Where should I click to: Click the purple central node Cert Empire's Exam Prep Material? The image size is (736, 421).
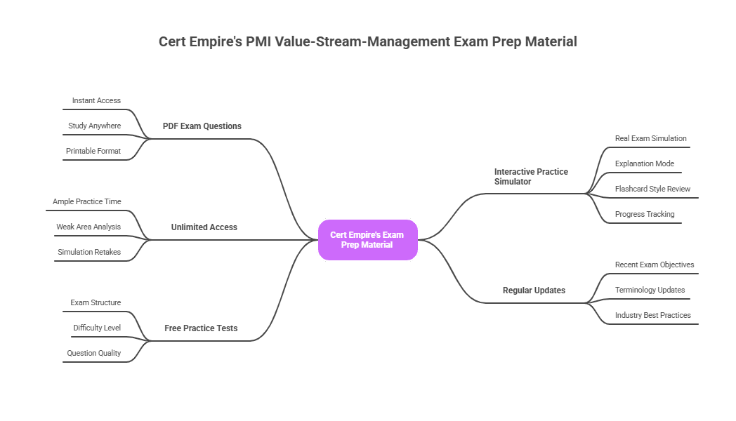point(367,240)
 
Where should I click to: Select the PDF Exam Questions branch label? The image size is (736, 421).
point(202,126)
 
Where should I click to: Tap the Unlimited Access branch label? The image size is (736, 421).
point(204,227)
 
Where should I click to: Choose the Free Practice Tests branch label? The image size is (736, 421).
point(201,328)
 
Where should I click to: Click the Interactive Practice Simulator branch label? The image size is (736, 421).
point(531,176)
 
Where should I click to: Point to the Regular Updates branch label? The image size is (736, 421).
point(534,290)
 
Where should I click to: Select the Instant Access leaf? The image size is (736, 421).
point(96,101)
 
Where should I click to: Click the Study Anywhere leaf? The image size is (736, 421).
point(95,126)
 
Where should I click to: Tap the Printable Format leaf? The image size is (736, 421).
point(93,152)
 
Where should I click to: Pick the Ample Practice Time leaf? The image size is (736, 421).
point(87,202)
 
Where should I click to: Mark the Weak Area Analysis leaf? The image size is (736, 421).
point(88,227)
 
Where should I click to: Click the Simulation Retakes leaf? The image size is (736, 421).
point(89,253)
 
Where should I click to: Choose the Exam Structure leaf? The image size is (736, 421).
point(96,303)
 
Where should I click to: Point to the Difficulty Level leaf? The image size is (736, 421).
point(97,328)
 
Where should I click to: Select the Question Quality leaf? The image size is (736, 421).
point(94,354)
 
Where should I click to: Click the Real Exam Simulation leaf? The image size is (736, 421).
point(651,139)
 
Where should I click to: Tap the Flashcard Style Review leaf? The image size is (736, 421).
point(653,189)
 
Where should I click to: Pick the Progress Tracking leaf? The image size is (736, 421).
point(645,215)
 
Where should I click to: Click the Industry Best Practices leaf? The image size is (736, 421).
point(653,316)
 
